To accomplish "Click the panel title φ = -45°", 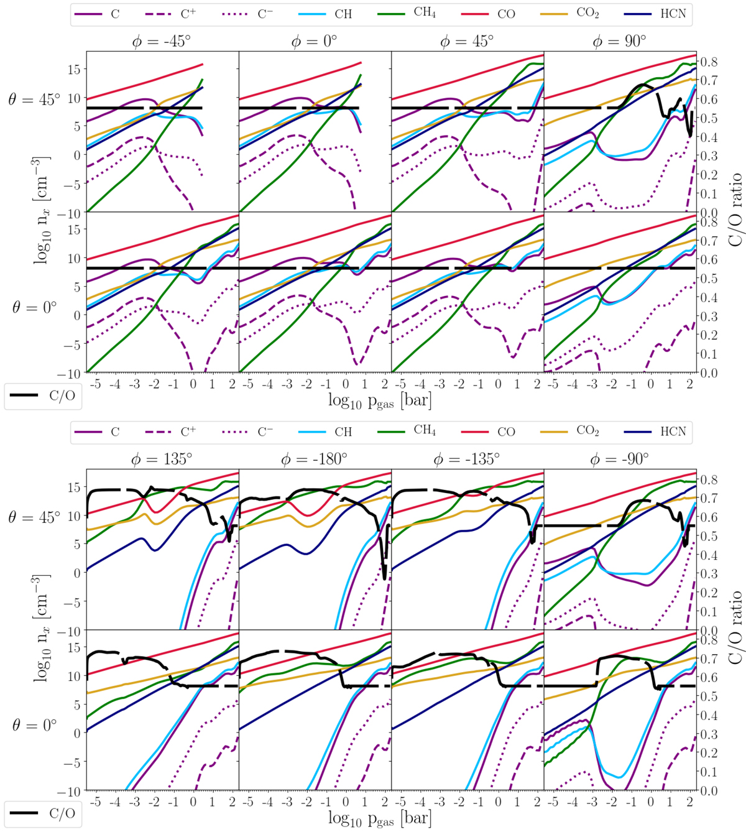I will tap(163, 42).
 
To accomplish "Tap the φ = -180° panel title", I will tap(315, 460).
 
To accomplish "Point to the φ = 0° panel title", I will tap(314, 42).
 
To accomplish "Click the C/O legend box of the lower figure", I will tap(42, 813).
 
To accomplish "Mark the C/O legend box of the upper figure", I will tap(42, 396).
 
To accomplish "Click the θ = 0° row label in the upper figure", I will tap(34, 307).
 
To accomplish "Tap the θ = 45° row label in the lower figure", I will tap(34, 517).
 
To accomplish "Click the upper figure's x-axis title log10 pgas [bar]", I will tap(380, 400).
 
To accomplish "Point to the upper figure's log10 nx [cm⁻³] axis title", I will tap(42, 210).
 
